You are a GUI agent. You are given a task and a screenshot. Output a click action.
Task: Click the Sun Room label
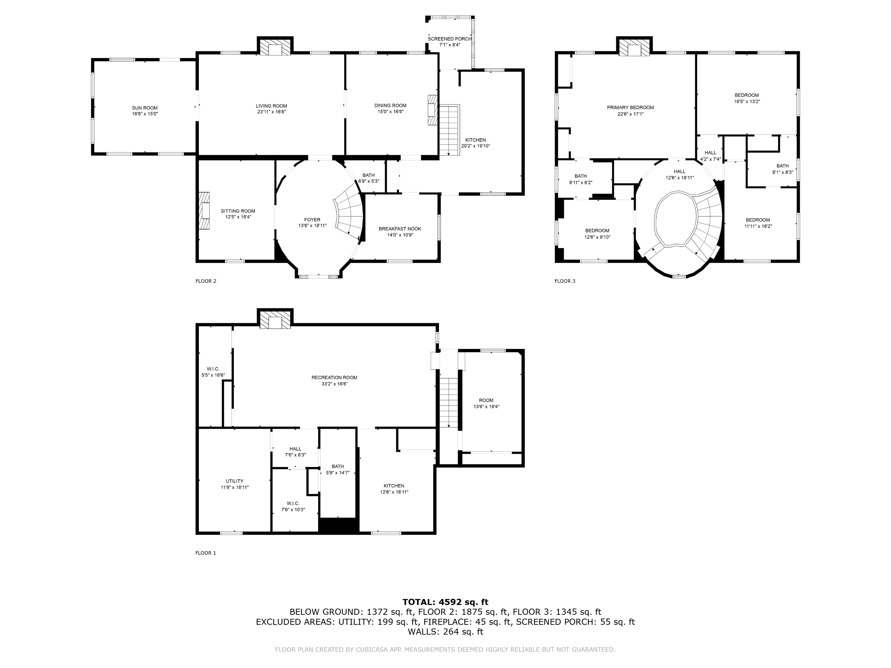click(144, 108)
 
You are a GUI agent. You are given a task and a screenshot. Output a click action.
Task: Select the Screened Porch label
click(450, 39)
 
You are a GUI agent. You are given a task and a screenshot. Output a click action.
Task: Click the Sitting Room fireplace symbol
click(204, 211)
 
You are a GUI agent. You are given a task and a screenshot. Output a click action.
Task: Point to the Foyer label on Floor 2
click(312, 220)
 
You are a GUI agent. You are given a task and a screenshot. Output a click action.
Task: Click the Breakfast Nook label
click(400, 229)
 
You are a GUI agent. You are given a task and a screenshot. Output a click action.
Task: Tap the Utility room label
click(235, 481)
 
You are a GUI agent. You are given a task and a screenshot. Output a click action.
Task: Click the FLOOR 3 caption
click(565, 281)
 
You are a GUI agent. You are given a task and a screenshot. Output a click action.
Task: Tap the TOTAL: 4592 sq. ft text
click(445, 602)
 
